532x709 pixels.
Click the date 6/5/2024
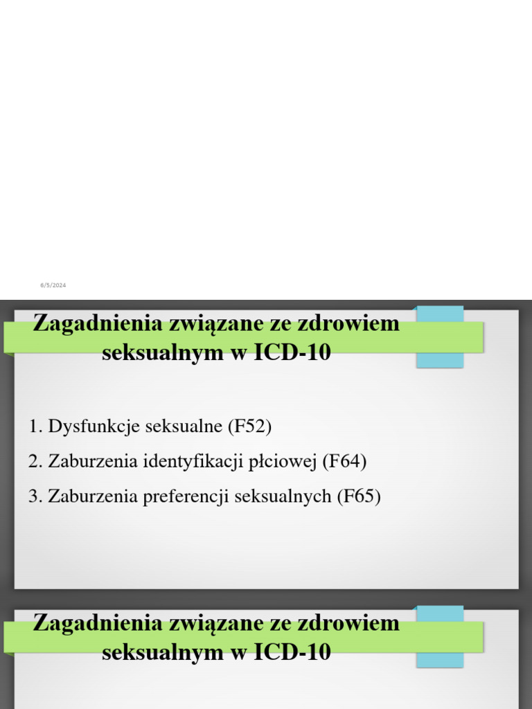53,285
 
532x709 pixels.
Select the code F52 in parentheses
249,426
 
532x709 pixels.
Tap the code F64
344,461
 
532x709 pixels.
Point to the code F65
359,496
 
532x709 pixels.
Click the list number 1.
35,426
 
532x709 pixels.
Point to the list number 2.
35,461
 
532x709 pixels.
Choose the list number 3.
35,496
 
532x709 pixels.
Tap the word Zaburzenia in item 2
93,461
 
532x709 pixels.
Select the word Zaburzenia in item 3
93,496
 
